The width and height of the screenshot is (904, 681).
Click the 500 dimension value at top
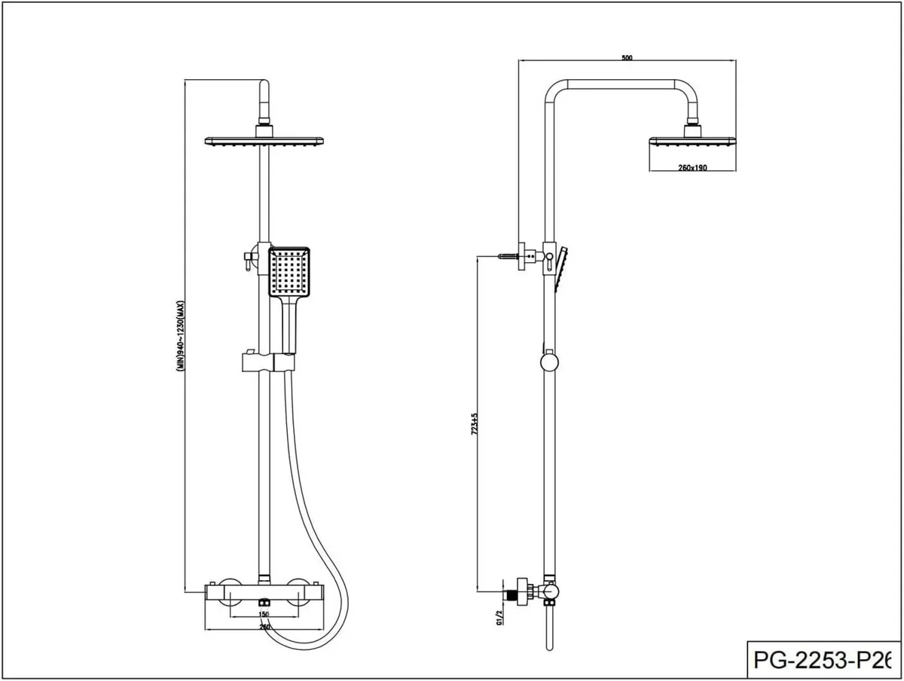[627, 57]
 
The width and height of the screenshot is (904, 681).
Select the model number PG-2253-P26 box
[821, 660]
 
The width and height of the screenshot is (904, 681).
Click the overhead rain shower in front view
[264, 141]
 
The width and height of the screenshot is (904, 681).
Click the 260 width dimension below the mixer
[264, 626]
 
